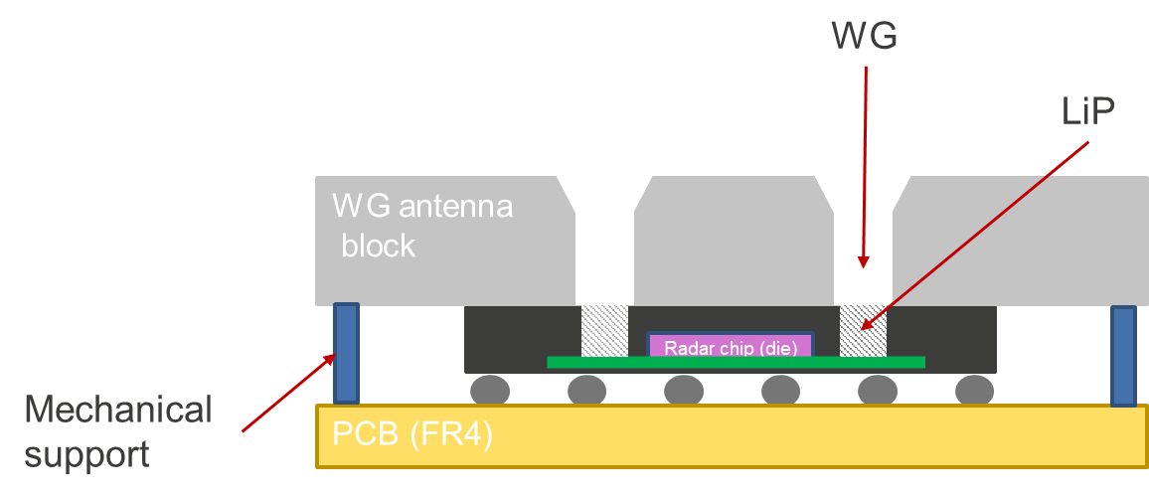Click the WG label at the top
point(864,36)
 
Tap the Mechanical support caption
point(118,432)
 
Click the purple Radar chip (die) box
point(731,345)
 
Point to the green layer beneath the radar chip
point(736,362)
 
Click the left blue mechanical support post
point(346,353)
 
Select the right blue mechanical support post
point(1123,356)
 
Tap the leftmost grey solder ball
point(489,391)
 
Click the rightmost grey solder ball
point(975,391)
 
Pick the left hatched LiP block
point(604,331)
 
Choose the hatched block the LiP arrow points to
point(863,331)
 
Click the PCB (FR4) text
point(412,434)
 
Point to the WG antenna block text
point(422,225)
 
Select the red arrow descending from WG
point(865,167)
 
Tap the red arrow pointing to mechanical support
point(288,393)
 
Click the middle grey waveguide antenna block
point(734,241)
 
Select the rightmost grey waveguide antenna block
point(1021,241)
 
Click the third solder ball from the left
point(684,391)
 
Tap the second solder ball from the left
point(587,391)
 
